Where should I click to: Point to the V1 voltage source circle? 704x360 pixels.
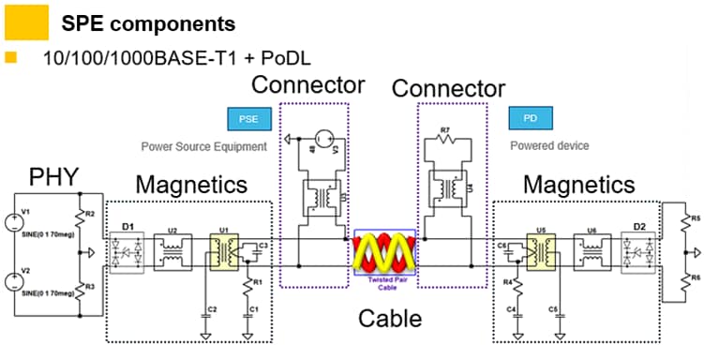click(x=17, y=224)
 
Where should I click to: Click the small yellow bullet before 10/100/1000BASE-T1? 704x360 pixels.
click(x=11, y=58)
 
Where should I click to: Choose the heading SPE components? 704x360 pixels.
click(x=147, y=22)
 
